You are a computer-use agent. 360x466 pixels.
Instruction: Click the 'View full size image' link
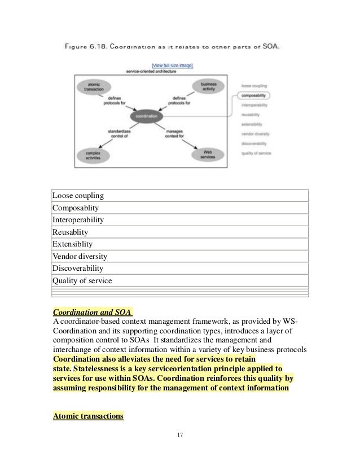coord(172,65)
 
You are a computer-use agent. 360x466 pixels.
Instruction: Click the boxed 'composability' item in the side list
coord(253,95)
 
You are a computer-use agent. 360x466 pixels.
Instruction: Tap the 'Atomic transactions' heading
coord(87,416)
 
